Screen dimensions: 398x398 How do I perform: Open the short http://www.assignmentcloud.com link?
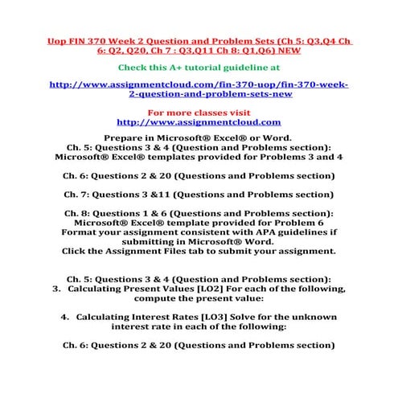click(199, 122)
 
